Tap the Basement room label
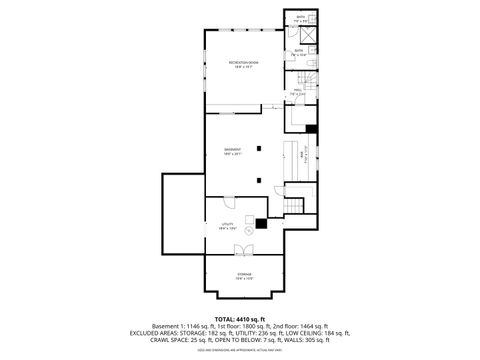[234, 151]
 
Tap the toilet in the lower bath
[311, 61]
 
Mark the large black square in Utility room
[261, 225]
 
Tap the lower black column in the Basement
[259, 181]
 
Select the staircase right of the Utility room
[292, 206]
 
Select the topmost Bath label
[299, 17]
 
